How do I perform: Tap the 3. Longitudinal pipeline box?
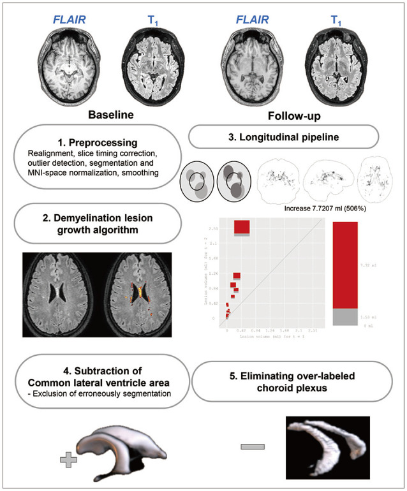pos(284,136)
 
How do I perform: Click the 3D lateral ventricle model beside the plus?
pos(121,450)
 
